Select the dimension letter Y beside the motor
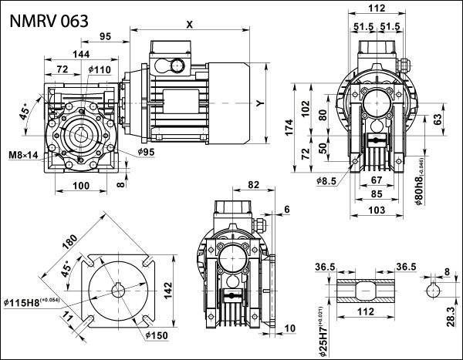(x=262, y=103)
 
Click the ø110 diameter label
(x=100, y=70)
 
